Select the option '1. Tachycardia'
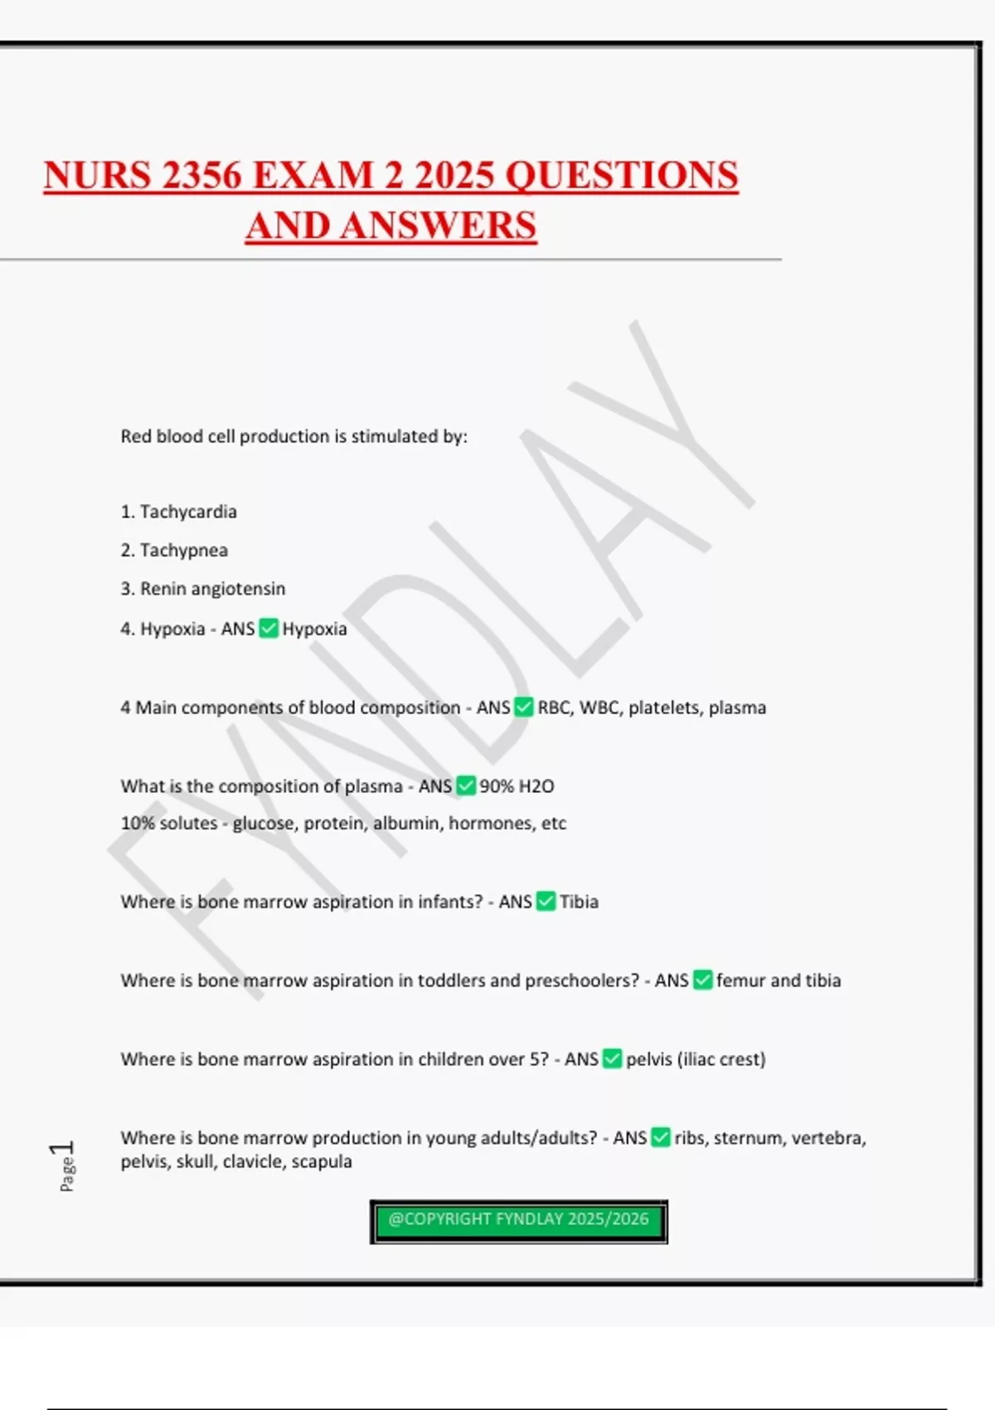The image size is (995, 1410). [178, 512]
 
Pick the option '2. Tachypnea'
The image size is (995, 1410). [174, 550]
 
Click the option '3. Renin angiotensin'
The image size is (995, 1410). [202, 589]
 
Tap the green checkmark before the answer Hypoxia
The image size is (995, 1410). [268, 629]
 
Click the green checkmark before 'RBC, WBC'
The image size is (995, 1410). [523, 707]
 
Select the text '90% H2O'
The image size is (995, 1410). [517, 786]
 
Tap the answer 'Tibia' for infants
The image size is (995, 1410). [579, 902]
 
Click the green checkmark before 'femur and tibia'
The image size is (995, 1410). [702, 980]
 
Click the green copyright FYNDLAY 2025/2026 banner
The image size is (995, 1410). [518, 1221]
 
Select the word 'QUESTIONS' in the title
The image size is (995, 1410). [621, 176]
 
